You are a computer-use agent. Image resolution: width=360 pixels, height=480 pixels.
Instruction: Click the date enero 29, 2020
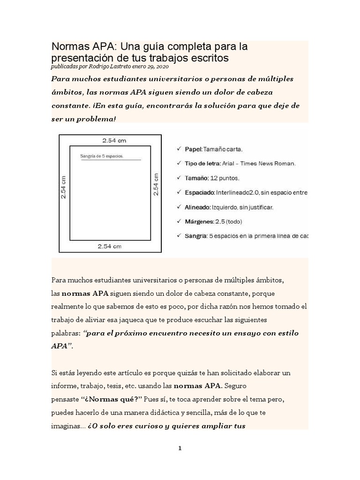pyautogui.click(x=151, y=67)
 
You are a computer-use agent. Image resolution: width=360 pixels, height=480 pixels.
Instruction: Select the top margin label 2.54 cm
pyautogui.click(x=114, y=140)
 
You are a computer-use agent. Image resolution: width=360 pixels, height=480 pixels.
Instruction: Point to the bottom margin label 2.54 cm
pyautogui.click(x=110, y=246)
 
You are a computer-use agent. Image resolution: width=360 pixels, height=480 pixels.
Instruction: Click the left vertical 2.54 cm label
pyautogui.click(x=64, y=187)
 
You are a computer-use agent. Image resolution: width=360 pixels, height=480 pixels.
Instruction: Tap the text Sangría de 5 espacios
pyautogui.click(x=102, y=156)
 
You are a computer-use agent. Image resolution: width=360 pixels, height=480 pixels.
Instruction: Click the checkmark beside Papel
pyautogui.click(x=178, y=149)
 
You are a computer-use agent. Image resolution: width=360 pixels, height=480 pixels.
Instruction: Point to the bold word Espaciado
pyautogui.click(x=200, y=192)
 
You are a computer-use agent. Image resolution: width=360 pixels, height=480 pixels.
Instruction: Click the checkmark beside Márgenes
pyautogui.click(x=178, y=221)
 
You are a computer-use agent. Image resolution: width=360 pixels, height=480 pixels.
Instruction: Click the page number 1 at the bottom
pyautogui.click(x=180, y=448)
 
